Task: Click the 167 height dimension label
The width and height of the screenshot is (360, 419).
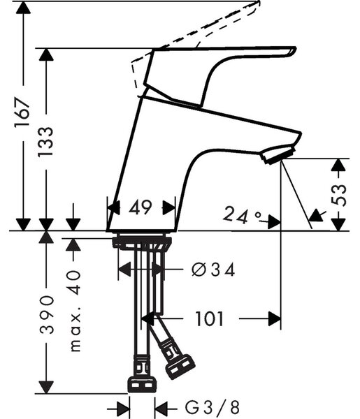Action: tap(22, 112)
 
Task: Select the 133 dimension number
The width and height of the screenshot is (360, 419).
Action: tap(45, 142)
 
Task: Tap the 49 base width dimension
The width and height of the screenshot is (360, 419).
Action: tap(140, 207)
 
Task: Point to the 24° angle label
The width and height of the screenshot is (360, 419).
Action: tap(242, 214)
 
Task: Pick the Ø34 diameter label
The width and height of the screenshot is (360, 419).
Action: tap(213, 270)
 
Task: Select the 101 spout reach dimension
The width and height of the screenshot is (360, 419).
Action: tap(209, 319)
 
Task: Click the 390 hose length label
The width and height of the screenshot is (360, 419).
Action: tap(47, 314)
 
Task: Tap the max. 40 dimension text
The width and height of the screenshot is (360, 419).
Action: tap(75, 311)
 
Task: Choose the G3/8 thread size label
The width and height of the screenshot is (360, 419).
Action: tap(212, 408)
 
